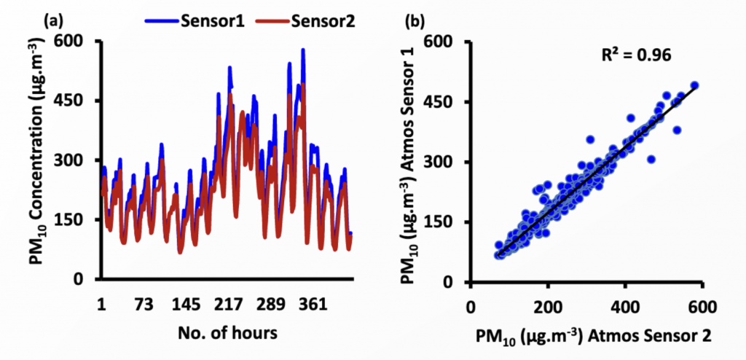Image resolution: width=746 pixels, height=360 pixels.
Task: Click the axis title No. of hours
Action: [227, 333]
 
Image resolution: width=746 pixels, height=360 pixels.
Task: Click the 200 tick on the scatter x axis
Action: [549, 306]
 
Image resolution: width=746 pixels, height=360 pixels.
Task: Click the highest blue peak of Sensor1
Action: [303, 50]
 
